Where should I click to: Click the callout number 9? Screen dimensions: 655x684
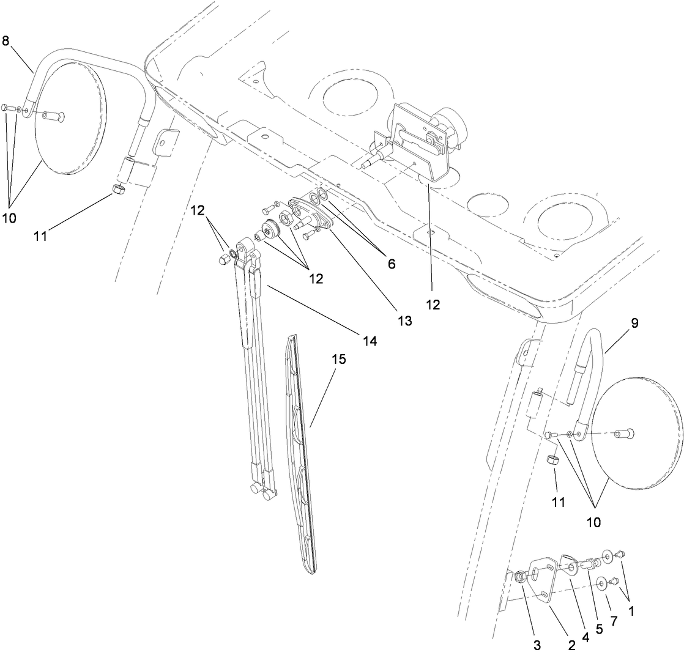tap(634, 324)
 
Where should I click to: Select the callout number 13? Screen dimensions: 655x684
tap(405, 320)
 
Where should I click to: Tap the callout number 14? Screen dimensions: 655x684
tap(370, 341)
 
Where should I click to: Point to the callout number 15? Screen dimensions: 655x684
tap(339, 359)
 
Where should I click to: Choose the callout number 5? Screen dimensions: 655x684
tap(599, 629)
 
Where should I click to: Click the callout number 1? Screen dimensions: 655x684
tap(631, 610)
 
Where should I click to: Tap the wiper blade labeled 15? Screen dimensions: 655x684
tap(303, 453)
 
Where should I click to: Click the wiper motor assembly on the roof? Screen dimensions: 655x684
tap(422, 144)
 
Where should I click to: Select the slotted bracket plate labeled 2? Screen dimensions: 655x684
tap(545, 579)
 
